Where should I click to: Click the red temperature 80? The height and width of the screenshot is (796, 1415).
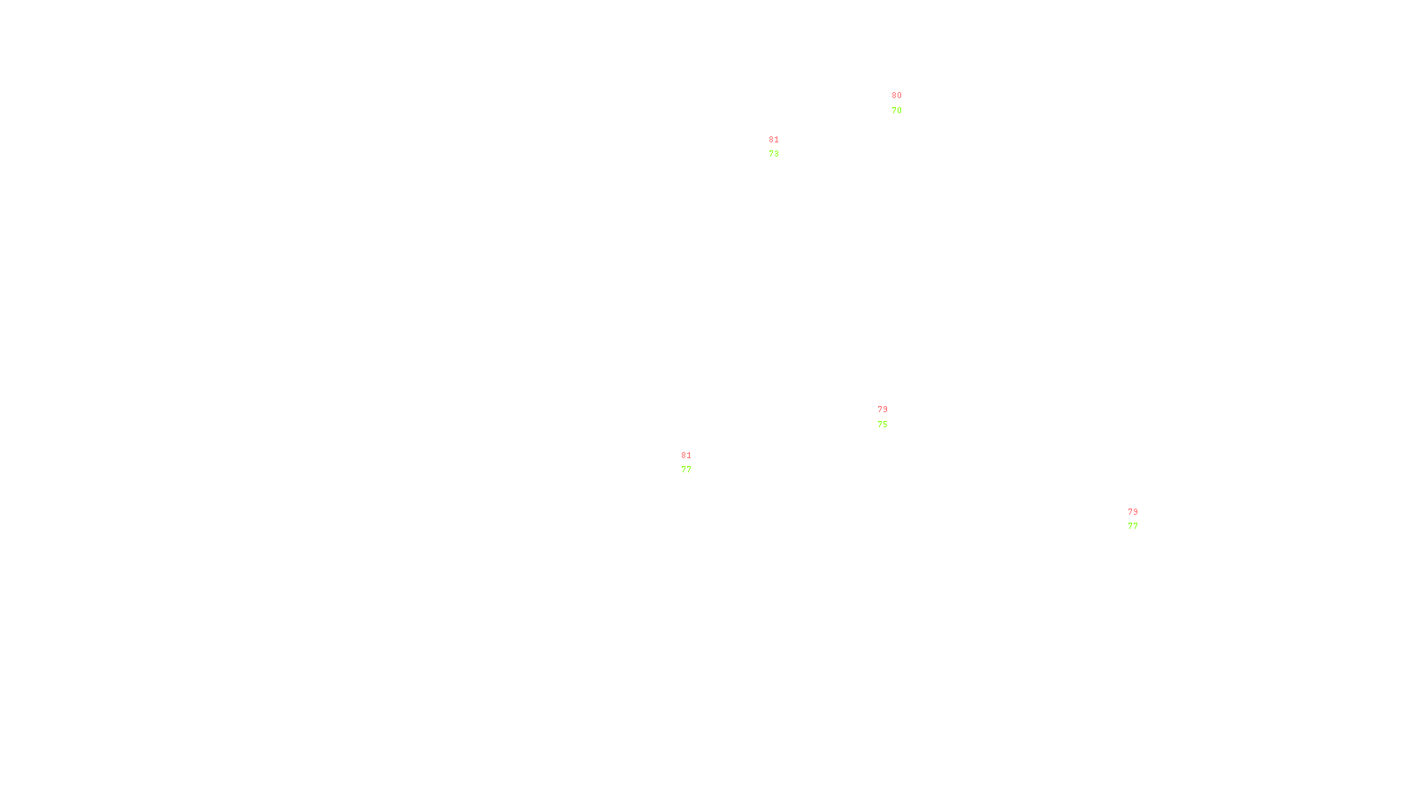pyautogui.click(x=897, y=96)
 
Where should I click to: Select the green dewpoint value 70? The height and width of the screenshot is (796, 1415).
pyautogui.click(x=897, y=111)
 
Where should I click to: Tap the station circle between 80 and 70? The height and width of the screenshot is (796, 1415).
pyautogui.click(x=905, y=103)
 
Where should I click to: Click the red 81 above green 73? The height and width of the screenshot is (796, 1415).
pyautogui.click(x=774, y=140)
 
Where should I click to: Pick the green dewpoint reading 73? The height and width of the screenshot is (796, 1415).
pyautogui.click(x=774, y=154)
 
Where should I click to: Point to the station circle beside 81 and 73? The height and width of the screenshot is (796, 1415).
pyautogui.click(x=783, y=147)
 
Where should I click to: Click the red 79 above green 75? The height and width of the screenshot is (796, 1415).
pyautogui.click(x=883, y=409)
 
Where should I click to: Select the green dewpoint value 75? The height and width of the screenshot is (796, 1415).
pyautogui.click(x=883, y=425)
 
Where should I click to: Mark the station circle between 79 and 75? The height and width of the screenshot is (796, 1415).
pyautogui.click(x=891, y=417)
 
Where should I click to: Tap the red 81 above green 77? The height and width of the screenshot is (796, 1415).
pyautogui.click(x=686, y=455)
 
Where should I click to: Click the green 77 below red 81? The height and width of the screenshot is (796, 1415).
pyautogui.click(x=686, y=470)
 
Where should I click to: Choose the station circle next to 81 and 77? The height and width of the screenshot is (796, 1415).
pyautogui.click(x=694, y=463)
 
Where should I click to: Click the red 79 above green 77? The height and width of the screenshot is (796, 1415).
pyautogui.click(x=1133, y=512)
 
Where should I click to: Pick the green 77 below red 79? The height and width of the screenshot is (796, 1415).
pyautogui.click(x=1133, y=526)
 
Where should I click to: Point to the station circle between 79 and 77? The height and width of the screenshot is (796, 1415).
pyautogui.click(x=1141, y=519)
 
